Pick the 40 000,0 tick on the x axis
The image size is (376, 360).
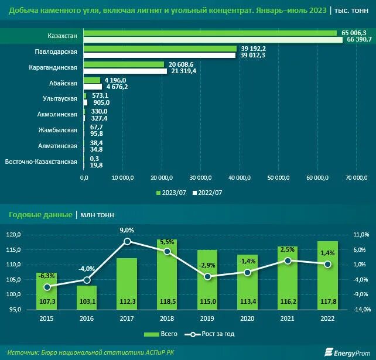tap(239, 177)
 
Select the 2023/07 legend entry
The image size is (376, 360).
tap(171, 192)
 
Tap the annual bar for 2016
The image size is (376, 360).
tap(87, 297)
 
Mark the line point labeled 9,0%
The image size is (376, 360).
tap(127, 241)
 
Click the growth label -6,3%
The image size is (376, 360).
tap(46, 276)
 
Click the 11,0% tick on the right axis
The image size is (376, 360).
tap(361, 235)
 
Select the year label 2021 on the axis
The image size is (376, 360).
tap(287, 319)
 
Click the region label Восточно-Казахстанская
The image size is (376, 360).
tap(41, 162)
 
